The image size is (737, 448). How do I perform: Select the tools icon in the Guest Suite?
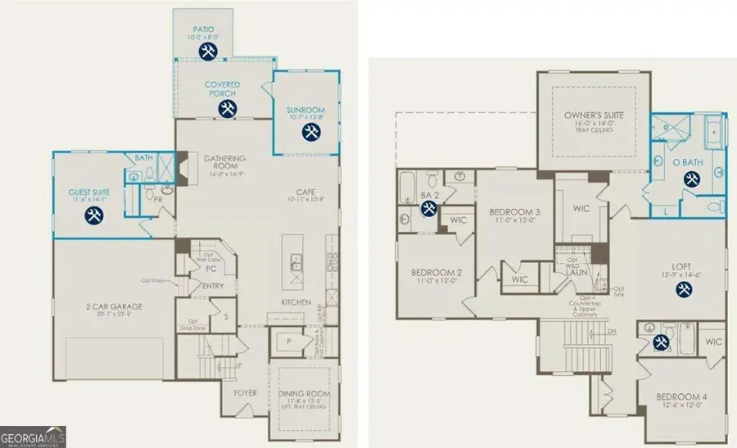pos(94,215)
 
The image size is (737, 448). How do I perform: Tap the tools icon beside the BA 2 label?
pos(428,208)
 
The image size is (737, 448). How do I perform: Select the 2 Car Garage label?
pos(115,306)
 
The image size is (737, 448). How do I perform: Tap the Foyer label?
pos(245,393)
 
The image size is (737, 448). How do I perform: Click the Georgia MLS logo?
pos(34,437)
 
